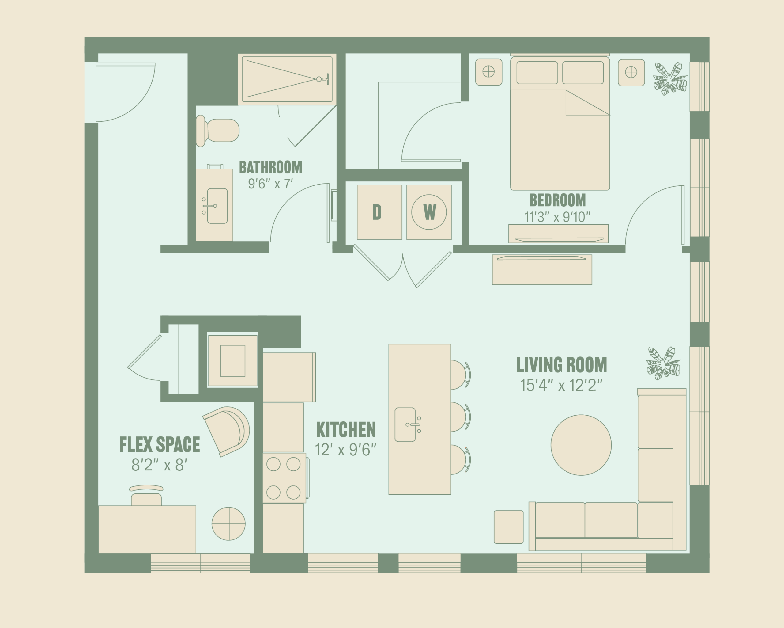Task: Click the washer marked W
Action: click(x=429, y=212)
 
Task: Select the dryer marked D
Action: click(x=379, y=212)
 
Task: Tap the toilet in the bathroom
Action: click(x=217, y=131)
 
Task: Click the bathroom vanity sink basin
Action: click(x=217, y=206)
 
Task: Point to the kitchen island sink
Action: click(x=405, y=424)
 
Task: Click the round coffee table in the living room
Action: click(x=581, y=445)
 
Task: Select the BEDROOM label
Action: click(x=557, y=200)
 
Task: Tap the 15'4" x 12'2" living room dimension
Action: click(x=561, y=385)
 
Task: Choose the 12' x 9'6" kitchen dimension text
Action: click(x=345, y=450)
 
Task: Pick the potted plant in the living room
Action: click(x=663, y=363)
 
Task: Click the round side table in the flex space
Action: click(x=228, y=524)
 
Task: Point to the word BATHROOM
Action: click(x=270, y=167)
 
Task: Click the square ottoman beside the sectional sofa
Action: click(x=508, y=527)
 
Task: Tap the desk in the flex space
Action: click(x=147, y=529)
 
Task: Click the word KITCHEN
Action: click(x=346, y=430)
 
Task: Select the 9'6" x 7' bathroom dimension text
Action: click(x=270, y=184)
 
